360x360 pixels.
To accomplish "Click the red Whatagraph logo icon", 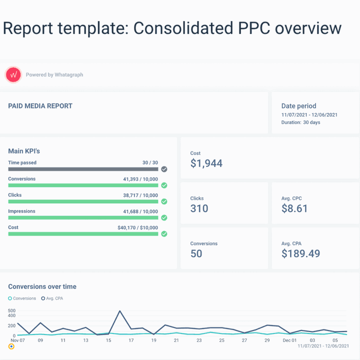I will pyautogui.click(x=13, y=74).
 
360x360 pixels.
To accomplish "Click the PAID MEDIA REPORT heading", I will pyautogui.click(x=40, y=106).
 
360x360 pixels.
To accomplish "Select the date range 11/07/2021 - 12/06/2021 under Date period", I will pyautogui.click(x=309, y=115).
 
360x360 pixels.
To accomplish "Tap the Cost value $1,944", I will pyautogui.click(x=206, y=163).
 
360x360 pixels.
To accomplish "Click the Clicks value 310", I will pyautogui.click(x=199, y=208).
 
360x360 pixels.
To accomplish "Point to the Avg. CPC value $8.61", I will pyautogui.click(x=294, y=208).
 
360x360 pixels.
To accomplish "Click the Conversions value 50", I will pyautogui.click(x=196, y=253).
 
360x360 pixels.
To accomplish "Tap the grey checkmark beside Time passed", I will pyautogui.click(x=164, y=169).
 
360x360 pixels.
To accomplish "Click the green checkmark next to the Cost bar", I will pyautogui.click(x=164, y=234).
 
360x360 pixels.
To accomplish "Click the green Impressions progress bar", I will pyautogui.click(x=83, y=217).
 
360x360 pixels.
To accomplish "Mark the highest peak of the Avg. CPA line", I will pyautogui.click(x=120, y=311).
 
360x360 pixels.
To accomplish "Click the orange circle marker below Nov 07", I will pyautogui.click(x=11, y=346).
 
